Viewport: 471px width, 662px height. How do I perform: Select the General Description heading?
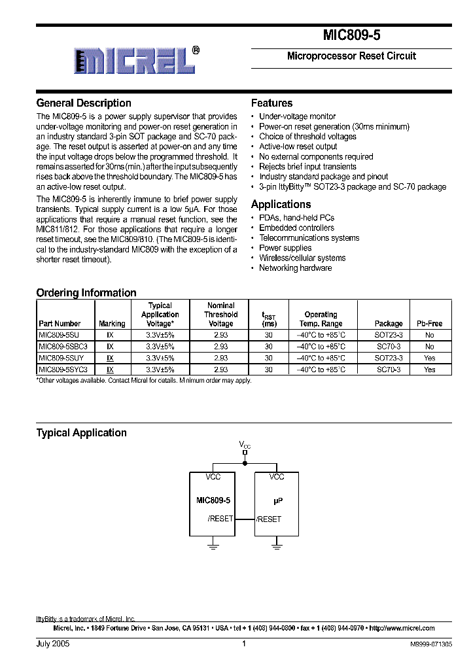[84, 103]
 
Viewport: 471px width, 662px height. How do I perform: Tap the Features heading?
[271, 103]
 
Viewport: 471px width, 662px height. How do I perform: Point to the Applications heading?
[281, 205]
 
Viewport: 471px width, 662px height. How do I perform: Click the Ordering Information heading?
[86, 293]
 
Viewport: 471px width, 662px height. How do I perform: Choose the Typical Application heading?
[81, 433]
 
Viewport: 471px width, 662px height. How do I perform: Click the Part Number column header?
[60, 324]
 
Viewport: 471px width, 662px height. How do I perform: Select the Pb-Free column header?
[429, 324]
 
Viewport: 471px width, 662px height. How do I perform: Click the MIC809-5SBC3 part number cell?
[63, 347]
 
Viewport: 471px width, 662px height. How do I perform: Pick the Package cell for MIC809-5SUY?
[389, 358]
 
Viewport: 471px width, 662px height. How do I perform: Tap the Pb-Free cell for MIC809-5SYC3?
[429, 370]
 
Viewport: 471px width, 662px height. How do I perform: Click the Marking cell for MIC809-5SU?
[111, 335]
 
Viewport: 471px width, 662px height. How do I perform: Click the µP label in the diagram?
[277, 500]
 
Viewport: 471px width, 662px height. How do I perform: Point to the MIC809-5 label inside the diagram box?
[213, 500]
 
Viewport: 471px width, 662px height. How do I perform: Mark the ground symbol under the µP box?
[277, 545]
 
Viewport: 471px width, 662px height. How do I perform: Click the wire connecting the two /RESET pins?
[245, 519]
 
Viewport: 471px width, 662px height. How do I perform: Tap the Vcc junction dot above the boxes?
[245, 464]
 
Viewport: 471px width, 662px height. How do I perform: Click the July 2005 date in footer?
[52, 644]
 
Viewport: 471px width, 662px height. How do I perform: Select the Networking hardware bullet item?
[295, 268]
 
